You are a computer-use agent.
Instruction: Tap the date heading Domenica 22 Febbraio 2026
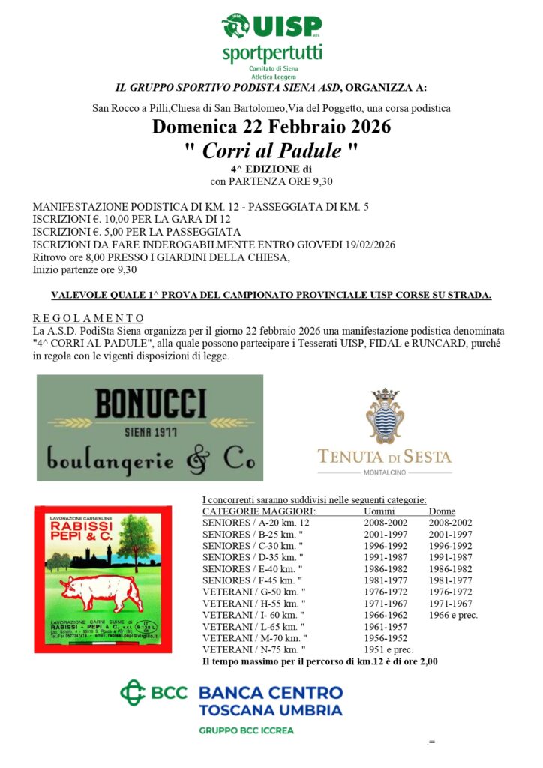coord(271,127)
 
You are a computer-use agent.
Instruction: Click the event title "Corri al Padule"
coord(271,150)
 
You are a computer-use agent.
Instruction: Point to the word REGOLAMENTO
coord(88,318)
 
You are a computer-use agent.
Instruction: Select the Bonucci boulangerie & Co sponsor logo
coord(150,427)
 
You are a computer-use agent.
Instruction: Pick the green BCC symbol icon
coord(133,691)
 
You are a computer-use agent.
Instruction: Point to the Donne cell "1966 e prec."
coord(453,615)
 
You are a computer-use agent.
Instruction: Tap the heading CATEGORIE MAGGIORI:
coord(259,511)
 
